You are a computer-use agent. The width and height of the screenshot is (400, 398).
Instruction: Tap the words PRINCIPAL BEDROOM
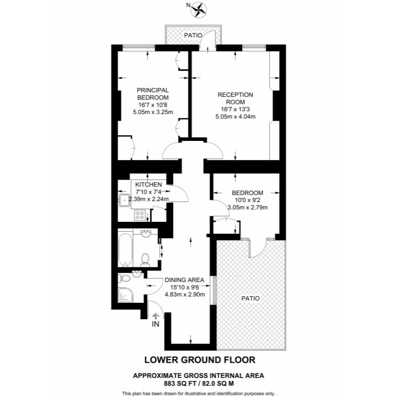tap(153, 94)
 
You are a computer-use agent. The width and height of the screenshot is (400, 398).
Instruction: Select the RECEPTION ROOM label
tap(235, 98)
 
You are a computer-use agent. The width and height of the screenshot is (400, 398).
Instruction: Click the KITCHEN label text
tap(149, 184)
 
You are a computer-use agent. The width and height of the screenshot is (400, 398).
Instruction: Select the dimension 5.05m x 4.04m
tap(235, 116)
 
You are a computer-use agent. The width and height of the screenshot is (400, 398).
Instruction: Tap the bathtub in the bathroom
tap(125, 249)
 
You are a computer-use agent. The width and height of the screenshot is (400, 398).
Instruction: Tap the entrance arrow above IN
tap(156, 316)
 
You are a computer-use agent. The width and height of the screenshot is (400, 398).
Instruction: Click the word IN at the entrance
tap(156, 325)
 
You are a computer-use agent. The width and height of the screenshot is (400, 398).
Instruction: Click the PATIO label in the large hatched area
tap(250, 298)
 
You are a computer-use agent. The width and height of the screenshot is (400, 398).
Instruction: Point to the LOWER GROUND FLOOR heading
tap(199, 360)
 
